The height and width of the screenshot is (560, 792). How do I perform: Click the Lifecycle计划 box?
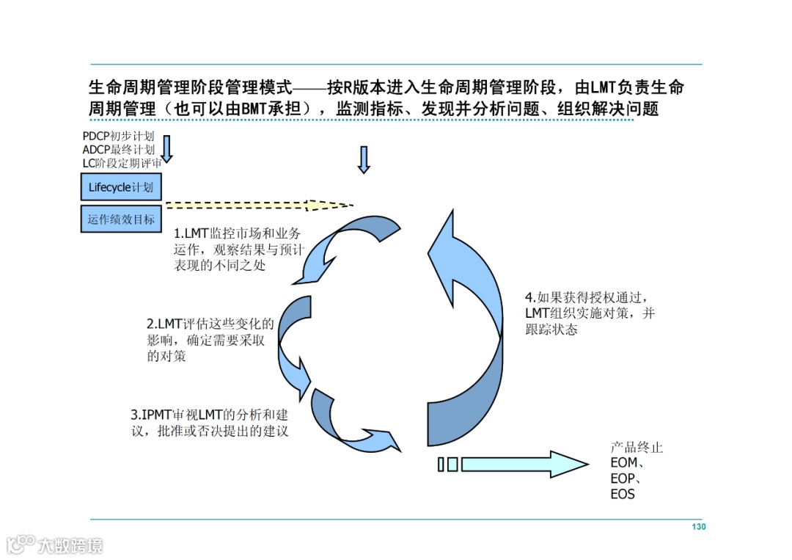[120, 187]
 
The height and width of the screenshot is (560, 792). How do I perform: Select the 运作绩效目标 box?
[120, 219]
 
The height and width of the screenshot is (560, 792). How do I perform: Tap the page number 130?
[698, 527]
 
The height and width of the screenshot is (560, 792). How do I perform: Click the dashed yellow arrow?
[257, 206]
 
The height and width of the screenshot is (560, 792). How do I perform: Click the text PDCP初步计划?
[118, 137]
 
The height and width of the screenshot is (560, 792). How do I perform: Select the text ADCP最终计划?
[118, 150]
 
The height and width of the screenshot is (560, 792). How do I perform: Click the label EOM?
[627, 463]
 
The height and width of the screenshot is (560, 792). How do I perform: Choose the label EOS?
[623, 494]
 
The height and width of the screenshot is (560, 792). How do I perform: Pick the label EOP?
[626, 479]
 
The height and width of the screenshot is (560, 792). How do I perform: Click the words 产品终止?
[637, 448]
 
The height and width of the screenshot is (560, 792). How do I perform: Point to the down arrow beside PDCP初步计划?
[166, 148]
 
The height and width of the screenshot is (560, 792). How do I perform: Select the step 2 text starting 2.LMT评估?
[210, 340]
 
